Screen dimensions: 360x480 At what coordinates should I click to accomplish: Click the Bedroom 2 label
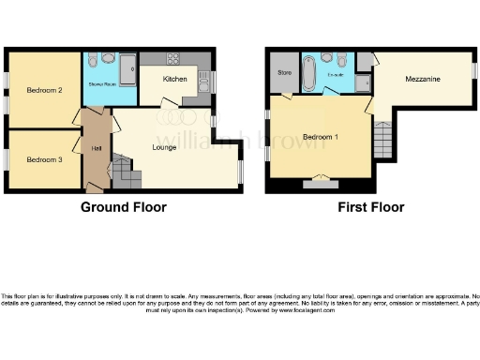[44, 91]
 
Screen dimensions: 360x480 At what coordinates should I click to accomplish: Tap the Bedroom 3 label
[44, 159]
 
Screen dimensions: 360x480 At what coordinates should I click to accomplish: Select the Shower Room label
[101, 84]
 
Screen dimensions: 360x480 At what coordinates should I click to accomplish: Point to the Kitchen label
[175, 80]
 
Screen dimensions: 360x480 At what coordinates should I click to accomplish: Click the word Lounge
[166, 146]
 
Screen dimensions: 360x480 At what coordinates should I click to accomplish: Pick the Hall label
[97, 148]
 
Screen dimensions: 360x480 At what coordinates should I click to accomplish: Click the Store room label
[282, 71]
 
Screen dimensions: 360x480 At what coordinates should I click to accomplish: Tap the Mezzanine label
[423, 81]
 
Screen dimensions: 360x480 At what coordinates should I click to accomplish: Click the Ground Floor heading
[124, 207]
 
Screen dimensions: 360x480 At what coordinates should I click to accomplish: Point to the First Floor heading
[371, 207]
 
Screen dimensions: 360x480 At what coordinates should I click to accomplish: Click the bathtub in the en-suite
[308, 74]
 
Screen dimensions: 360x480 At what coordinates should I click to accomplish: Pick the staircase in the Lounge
[125, 172]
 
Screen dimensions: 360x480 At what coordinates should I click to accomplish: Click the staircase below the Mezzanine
[382, 141]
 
